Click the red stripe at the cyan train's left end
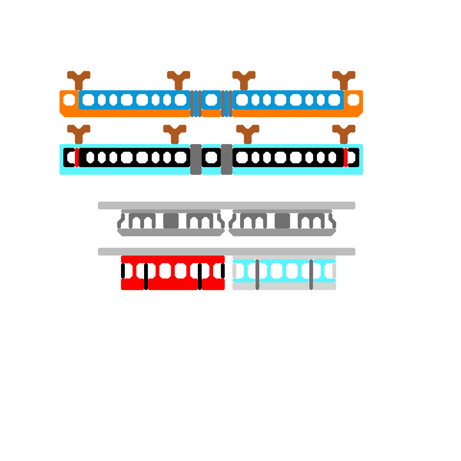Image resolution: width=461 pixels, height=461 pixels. click(77, 157)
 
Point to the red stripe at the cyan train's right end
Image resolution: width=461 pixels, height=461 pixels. click(345, 157)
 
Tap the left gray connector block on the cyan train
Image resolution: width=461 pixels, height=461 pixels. click(196, 159)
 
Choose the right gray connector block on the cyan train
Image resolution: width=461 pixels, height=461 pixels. click(227, 159)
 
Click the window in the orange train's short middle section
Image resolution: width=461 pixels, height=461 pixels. click(211, 100)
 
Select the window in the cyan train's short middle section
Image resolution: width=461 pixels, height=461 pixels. click(211, 157)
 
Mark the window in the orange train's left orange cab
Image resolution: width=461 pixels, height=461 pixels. click(69, 100)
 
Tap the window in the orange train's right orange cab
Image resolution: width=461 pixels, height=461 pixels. click(353, 100)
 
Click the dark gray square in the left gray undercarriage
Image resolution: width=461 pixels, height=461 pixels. click(171, 221)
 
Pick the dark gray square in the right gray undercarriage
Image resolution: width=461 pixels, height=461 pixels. click(282, 221)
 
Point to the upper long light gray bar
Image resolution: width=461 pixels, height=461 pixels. click(226, 205)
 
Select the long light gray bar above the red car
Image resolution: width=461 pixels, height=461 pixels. click(226, 252)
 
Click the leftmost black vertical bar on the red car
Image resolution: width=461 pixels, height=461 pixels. click(123, 271)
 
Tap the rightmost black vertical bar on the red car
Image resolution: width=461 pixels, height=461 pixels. click(223, 271)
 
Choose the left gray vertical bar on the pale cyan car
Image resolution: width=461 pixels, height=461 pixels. click(257, 275)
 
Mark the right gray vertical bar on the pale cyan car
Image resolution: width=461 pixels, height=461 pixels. click(311, 275)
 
